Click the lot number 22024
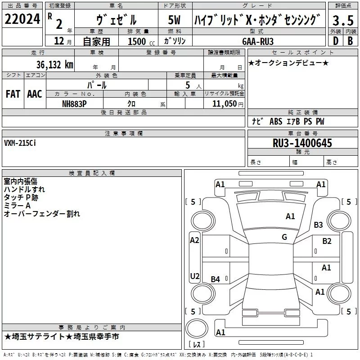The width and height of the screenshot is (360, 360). click(x=22, y=20)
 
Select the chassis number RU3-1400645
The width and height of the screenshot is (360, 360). click(x=302, y=143)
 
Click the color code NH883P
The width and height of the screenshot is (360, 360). click(x=75, y=103)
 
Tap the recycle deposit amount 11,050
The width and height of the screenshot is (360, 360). click(x=221, y=103)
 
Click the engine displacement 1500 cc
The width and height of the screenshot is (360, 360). click(x=138, y=41)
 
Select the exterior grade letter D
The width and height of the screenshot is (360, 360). click(x=335, y=41)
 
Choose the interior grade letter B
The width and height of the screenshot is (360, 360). click(x=350, y=41)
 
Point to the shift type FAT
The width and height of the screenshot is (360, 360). click(x=13, y=94)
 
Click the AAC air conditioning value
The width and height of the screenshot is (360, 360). click(x=35, y=94)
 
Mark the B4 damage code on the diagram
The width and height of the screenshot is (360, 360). click(x=216, y=279)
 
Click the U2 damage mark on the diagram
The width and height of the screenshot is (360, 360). click(x=194, y=276)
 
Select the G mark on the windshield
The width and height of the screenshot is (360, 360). click(x=284, y=237)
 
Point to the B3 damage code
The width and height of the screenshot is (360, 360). click(x=319, y=225)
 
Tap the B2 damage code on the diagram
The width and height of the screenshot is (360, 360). click(x=327, y=241)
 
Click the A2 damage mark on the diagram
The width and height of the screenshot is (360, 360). click(x=194, y=240)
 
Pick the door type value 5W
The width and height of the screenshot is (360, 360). click(x=175, y=20)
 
